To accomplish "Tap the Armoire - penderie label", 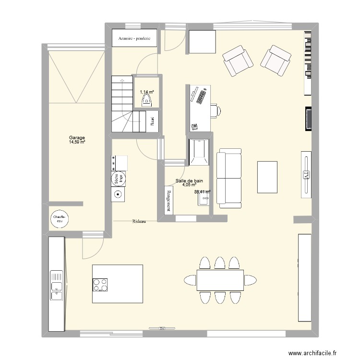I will click(x=132, y=38).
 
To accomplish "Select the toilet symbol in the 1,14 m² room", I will click(x=147, y=100).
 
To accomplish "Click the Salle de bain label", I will click(x=190, y=180).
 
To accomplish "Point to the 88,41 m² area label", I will click(x=202, y=192).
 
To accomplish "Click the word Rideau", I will click(x=139, y=221).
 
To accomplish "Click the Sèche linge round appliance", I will click(x=117, y=179).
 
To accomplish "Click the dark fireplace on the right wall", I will click(x=307, y=119).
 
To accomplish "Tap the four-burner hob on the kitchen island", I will click(x=100, y=285).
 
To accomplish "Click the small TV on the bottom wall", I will click(x=161, y=328).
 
